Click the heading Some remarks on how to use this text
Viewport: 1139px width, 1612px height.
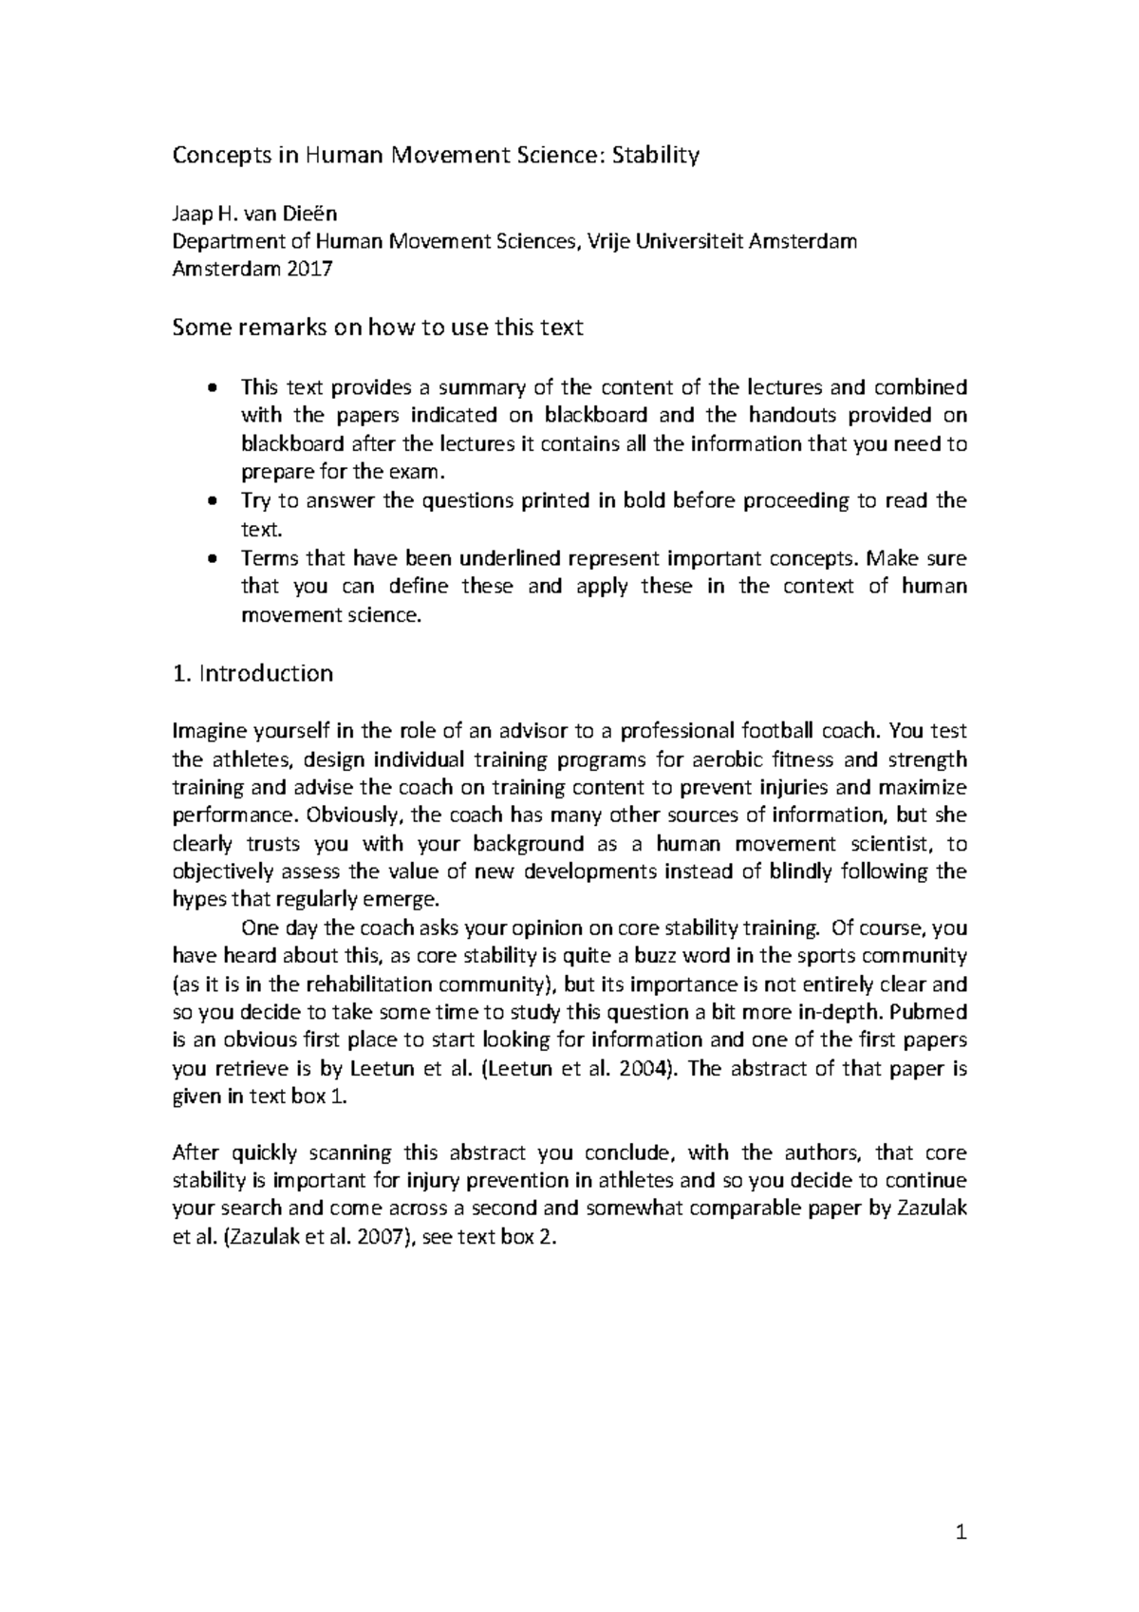click(x=377, y=328)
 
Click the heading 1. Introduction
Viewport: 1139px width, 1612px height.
click(x=252, y=673)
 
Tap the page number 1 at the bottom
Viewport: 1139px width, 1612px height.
click(x=961, y=1531)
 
